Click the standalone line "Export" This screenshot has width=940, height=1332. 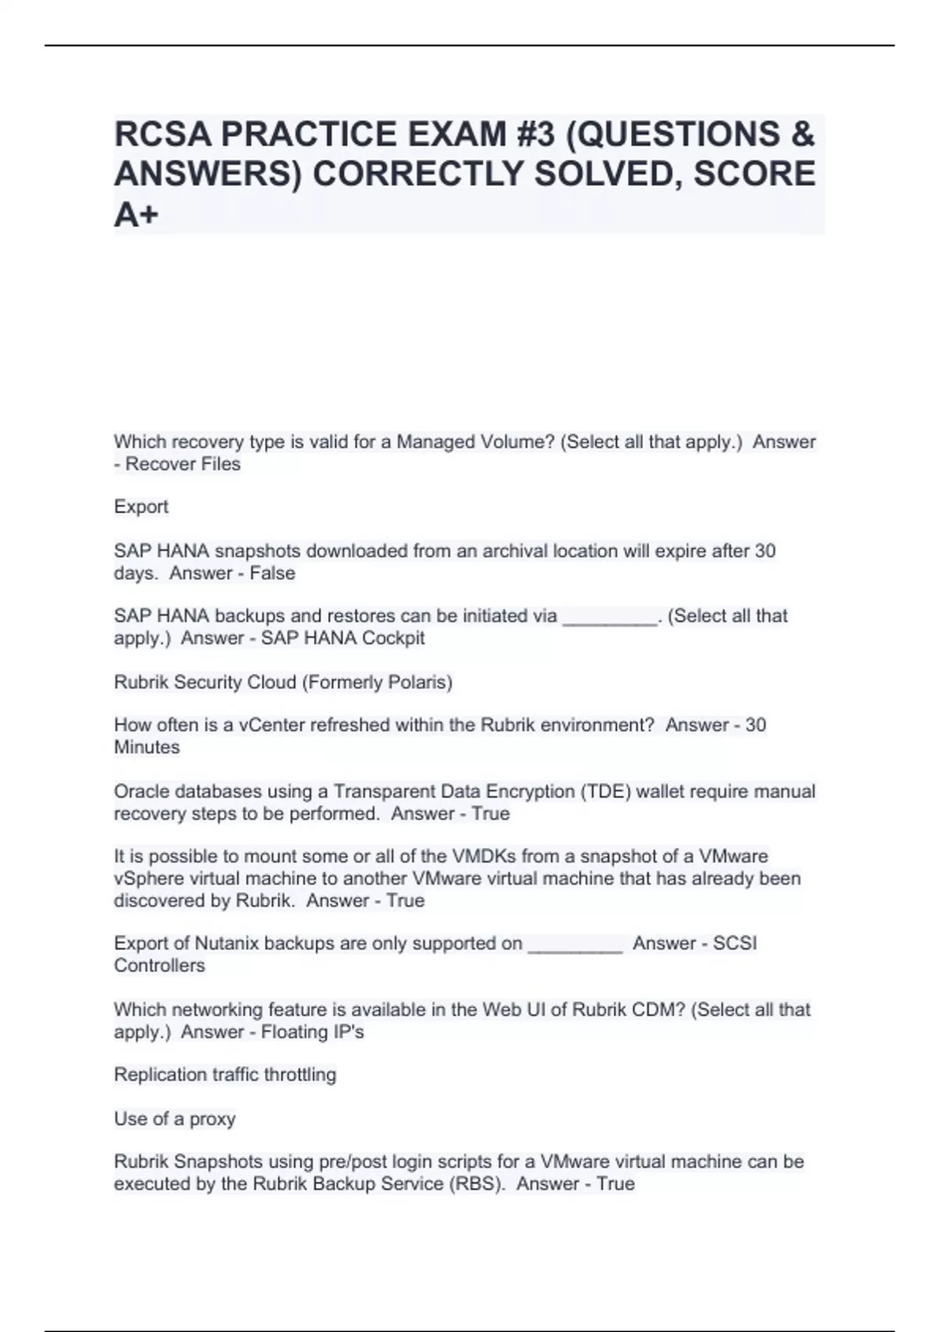pyautogui.click(x=141, y=507)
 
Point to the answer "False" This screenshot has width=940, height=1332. pyautogui.click(x=273, y=573)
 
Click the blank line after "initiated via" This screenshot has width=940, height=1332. pyautogui.click(x=609, y=617)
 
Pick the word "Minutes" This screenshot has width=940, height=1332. pyautogui.click(x=146, y=747)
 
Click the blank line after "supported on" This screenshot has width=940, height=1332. pyautogui.click(x=575, y=944)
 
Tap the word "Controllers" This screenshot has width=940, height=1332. pyautogui.click(x=159, y=965)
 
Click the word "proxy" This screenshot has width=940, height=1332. pyautogui.click(x=212, y=1119)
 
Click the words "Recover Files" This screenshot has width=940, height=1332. pyautogui.click(x=183, y=464)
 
